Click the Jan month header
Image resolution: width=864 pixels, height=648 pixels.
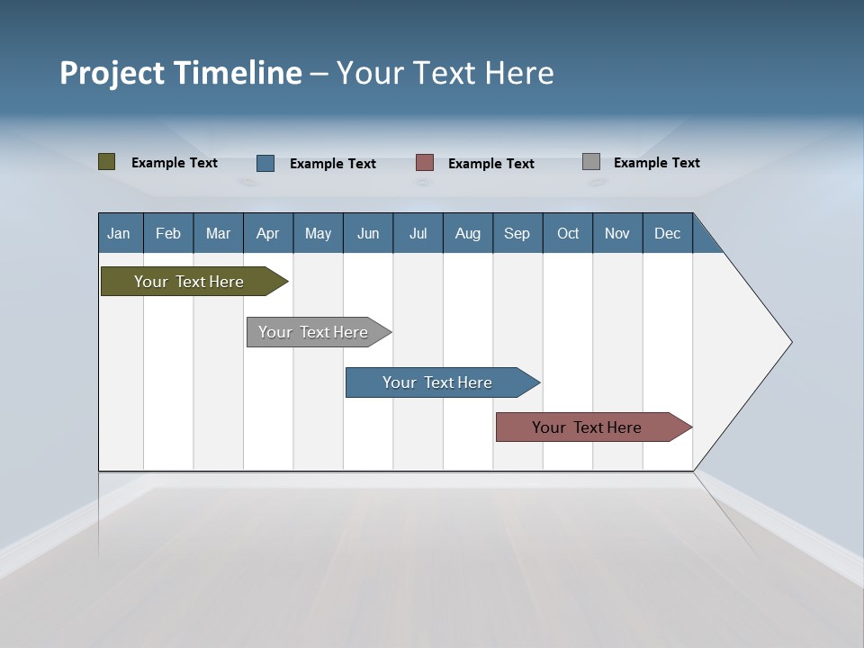click(x=119, y=233)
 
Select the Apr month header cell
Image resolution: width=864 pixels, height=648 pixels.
click(x=268, y=233)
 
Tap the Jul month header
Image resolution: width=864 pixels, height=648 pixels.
click(x=418, y=233)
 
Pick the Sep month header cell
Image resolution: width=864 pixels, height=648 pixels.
click(x=517, y=233)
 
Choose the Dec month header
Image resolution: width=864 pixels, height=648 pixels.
click(x=667, y=233)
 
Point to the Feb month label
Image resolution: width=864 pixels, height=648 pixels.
click(x=168, y=233)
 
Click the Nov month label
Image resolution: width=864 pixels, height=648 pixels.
click(x=616, y=233)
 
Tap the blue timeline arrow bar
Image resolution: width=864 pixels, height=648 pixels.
click(x=438, y=382)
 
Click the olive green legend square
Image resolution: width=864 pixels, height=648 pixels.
click(x=107, y=162)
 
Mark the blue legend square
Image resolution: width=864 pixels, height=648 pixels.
click(x=265, y=163)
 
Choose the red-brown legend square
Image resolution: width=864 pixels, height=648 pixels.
click(x=425, y=163)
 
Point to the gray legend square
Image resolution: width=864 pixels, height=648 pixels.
click(x=591, y=162)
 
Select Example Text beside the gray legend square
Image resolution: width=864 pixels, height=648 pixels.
click(x=656, y=163)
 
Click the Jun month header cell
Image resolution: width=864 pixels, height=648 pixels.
click(x=368, y=233)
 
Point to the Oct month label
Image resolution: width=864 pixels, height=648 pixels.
click(x=568, y=233)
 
